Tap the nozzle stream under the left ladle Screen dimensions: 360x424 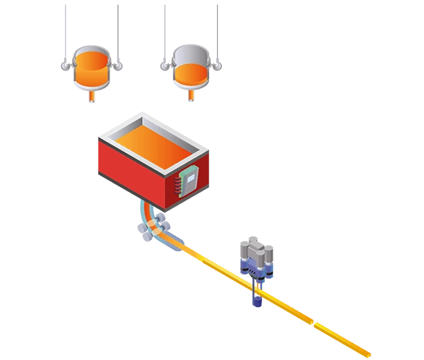pyautogui.click(x=90, y=98)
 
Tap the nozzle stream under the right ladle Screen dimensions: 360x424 pyautogui.click(x=191, y=97)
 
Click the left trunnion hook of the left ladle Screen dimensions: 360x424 pyautogui.click(x=63, y=68)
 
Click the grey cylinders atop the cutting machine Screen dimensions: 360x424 pyautogui.click(x=256, y=251)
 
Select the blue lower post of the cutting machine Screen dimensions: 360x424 pyautogui.click(x=258, y=298)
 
